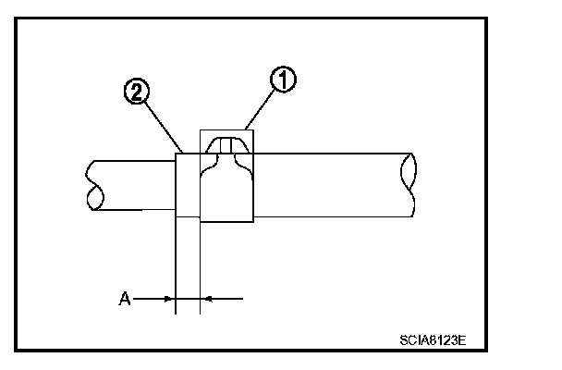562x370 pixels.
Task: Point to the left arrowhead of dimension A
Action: coord(168,298)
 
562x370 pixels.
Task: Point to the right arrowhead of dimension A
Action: coord(205,298)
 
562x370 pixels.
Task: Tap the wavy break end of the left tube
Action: coord(92,185)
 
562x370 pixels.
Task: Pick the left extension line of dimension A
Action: coord(175,268)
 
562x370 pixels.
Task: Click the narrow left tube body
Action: coord(129,185)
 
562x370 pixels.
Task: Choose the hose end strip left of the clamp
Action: coord(187,185)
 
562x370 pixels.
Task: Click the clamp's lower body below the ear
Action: coord(227,194)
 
